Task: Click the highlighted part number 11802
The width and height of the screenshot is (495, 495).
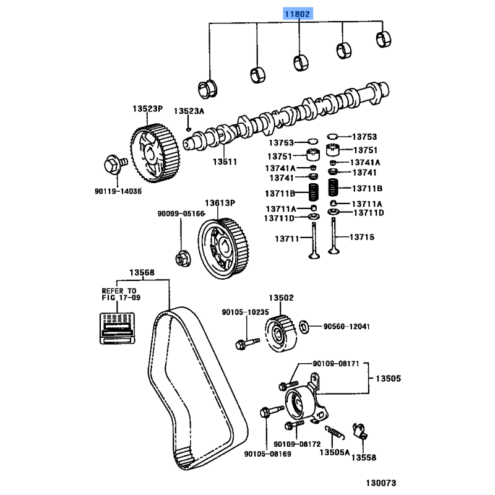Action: coord(299,13)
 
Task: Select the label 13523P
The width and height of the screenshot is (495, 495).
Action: coord(147,108)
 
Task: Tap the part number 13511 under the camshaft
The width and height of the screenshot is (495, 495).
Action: coord(225,161)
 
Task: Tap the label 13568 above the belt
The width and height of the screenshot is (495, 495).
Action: coord(142,273)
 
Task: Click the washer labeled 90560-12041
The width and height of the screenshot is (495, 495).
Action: coord(304,326)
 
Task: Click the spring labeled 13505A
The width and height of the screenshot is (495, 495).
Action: coord(334,428)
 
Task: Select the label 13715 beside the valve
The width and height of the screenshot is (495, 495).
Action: coord(361,236)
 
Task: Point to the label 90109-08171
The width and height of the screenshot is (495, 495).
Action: coord(336,363)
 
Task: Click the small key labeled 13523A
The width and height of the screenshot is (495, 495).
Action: coord(189,129)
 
